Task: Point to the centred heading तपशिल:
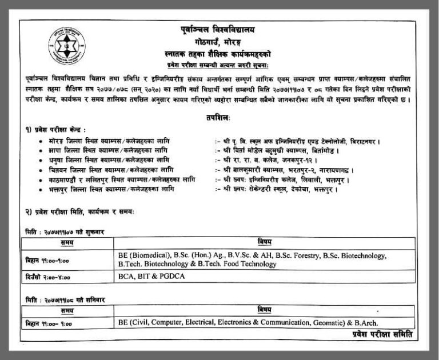click(x=220, y=118)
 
